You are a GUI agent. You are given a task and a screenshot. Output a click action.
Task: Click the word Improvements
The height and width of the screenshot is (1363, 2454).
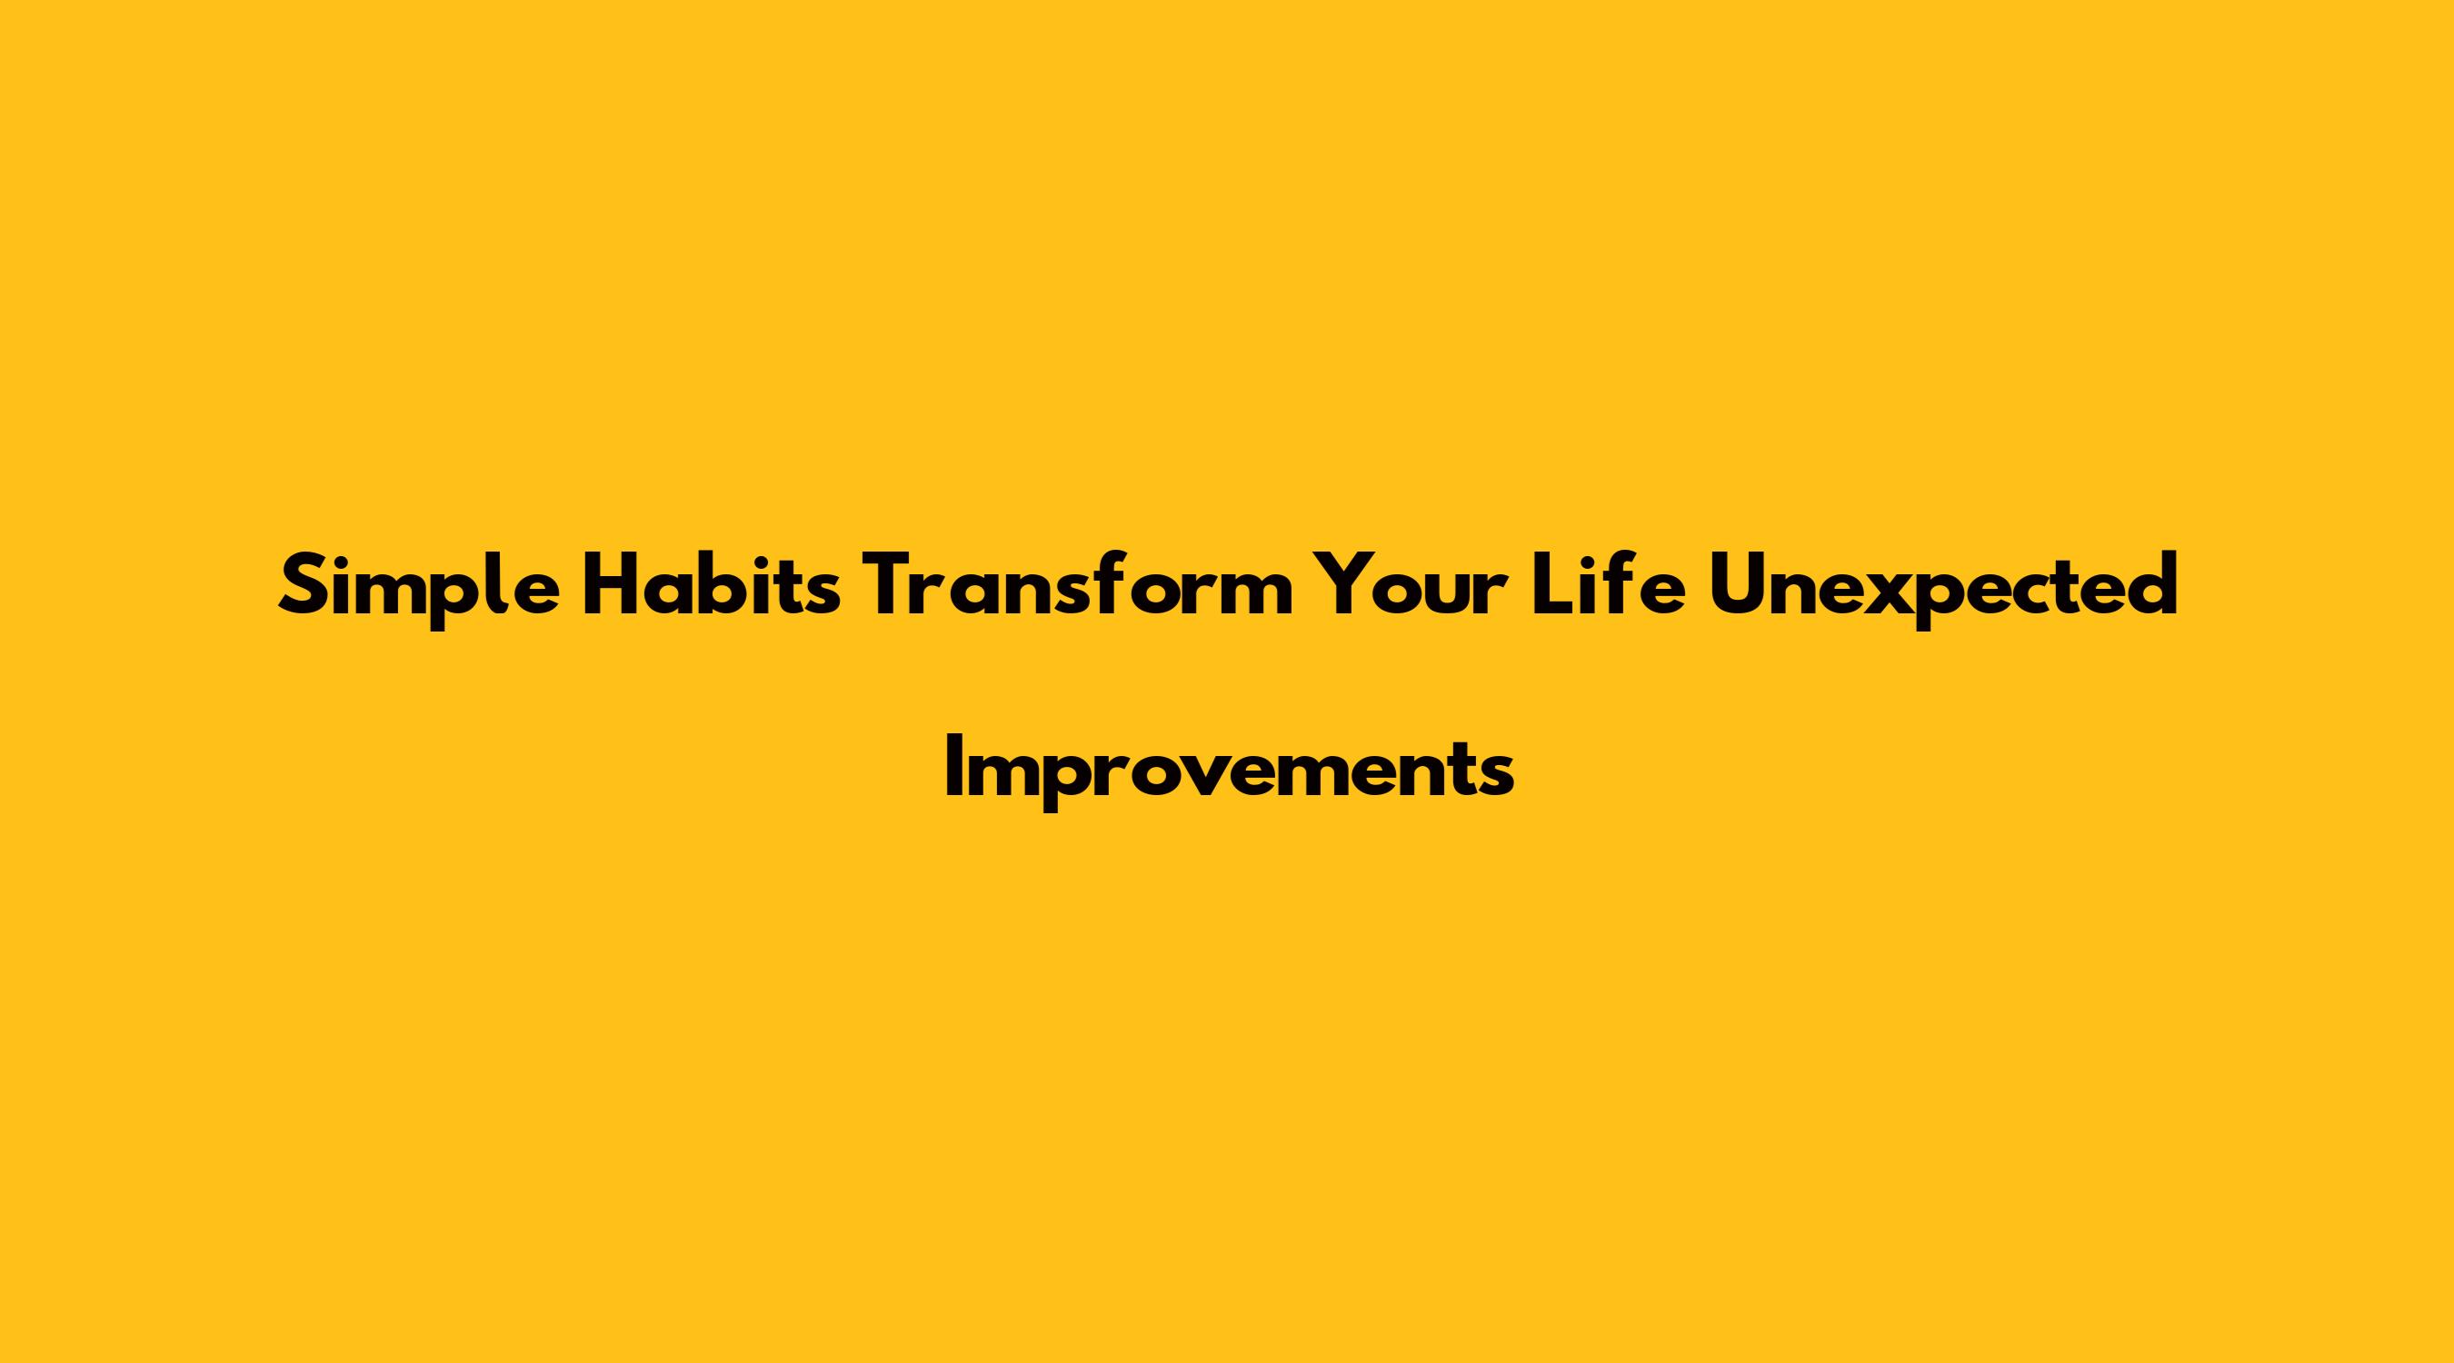point(1229,771)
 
